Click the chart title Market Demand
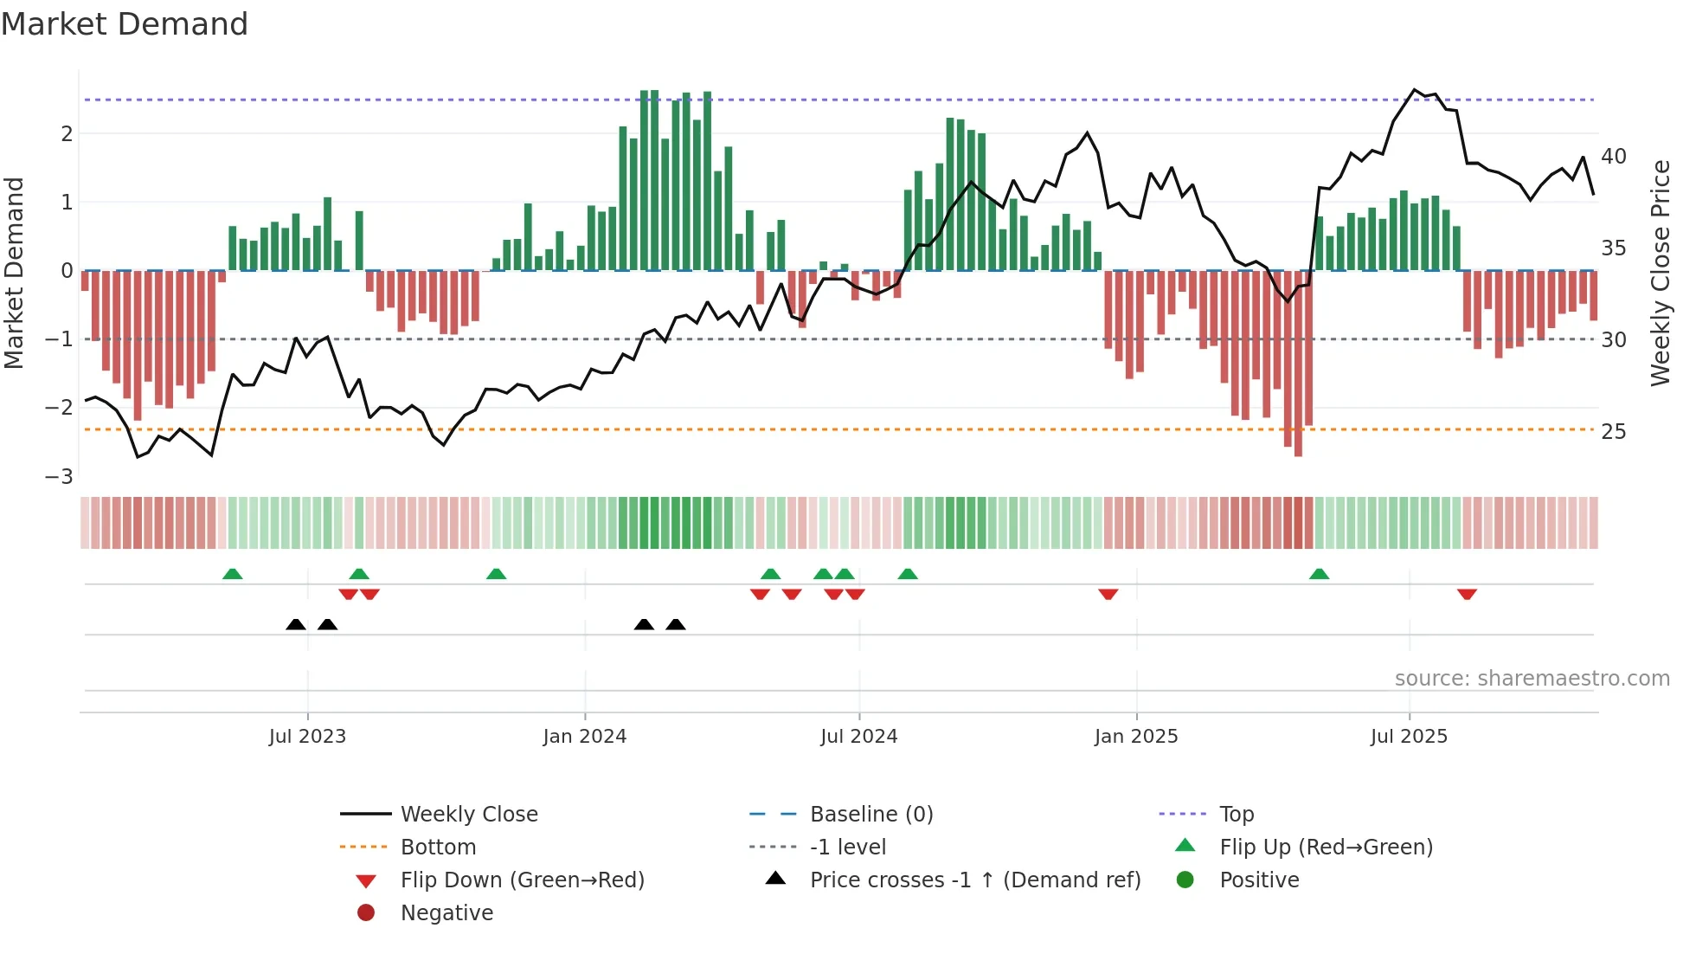click(125, 24)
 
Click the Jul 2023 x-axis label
click(307, 737)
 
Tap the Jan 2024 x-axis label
click(584, 737)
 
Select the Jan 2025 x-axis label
click(1135, 737)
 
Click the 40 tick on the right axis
click(1613, 157)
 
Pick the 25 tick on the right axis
click(1613, 431)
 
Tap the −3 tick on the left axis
click(60, 476)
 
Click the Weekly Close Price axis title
click(1660, 273)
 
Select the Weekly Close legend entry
click(468, 814)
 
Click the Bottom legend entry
click(438, 847)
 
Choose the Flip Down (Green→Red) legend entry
click(522, 880)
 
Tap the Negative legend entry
click(446, 912)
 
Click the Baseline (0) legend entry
click(870, 814)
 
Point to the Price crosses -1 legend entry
click(974, 880)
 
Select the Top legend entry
click(1236, 814)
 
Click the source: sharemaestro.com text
click(1532, 678)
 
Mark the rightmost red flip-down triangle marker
click(1466, 594)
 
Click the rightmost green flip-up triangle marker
click(1318, 574)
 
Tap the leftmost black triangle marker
click(296, 624)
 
